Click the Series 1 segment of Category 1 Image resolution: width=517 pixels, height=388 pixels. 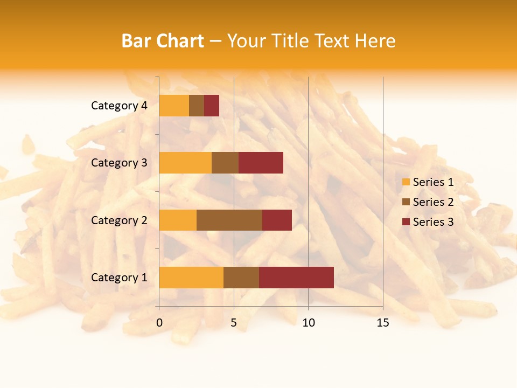pyautogui.click(x=191, y=277)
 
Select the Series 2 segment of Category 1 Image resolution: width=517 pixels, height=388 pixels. pyautogui.click(x=241, y=277)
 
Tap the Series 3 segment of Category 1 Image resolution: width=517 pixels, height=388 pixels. pyautogui.click(x=296, y=277)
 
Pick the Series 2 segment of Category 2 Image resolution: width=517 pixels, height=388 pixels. pyautogui.click(x=229, y=220)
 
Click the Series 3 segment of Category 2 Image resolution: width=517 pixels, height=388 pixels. pyautogui.click(x=277, y=220)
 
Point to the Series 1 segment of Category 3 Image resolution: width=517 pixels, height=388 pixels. pyautogui.click(x=185, y=163)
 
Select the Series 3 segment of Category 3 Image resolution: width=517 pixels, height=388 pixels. pyautogui.click(x=261, y=163)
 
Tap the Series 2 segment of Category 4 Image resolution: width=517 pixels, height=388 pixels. pyautogui.click(x=197, y=106)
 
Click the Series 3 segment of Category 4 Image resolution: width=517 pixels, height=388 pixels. pyautogui.click(x=212, y=106)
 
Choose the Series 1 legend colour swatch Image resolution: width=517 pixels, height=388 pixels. pyautogui.click(x=406, y=182)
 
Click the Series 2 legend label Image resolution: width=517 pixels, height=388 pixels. pyautogui.click(x=433, y=202)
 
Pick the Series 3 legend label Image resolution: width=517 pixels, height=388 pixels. pyautogui.click(x=433, y=222)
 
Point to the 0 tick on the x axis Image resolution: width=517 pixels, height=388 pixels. pyautogui.click(x=159, y=323)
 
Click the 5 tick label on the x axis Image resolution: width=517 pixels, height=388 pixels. pyautogui.click(x=234, y=323)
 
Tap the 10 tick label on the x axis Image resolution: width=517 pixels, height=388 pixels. pyautogui.click(x=308, y=323)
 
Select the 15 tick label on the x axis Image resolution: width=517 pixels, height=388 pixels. pyautogui.click(x=382, y=323)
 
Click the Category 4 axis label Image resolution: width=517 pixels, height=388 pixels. pyautogui.click(x=119, y=106)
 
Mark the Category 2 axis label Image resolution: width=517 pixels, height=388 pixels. pyautogui.click(x=119, y=220)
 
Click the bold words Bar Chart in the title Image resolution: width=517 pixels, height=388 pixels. pyautogui.click(x=163, y=41)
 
